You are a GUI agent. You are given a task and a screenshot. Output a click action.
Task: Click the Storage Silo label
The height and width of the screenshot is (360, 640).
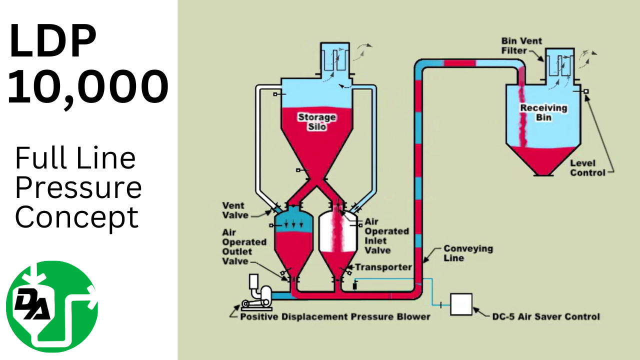(317, 122)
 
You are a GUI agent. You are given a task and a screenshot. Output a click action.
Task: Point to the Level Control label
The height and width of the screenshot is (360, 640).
(587, 167)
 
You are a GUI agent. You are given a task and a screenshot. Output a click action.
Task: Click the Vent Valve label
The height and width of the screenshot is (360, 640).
(233, 210)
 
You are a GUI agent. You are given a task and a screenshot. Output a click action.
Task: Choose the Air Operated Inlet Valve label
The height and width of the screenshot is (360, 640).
(386, 235)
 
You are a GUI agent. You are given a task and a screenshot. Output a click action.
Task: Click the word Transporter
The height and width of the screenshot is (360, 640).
(383, 267)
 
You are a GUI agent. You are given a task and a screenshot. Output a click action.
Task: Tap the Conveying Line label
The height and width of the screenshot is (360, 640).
(460, 253)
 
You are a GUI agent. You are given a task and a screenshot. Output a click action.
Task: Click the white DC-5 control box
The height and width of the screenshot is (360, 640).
(461, 304)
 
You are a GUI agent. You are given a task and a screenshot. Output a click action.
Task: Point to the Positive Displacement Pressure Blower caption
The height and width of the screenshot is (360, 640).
(335, 316)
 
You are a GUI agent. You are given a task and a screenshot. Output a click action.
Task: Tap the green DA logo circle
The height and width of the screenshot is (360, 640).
(52, 306)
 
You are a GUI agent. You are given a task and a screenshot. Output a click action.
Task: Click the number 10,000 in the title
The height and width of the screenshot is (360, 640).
(88, 87)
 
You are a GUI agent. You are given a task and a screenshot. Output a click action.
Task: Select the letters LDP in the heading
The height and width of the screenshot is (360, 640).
(53, 41)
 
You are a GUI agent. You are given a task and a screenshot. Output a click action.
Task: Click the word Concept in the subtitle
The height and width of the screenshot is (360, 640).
(76, 217)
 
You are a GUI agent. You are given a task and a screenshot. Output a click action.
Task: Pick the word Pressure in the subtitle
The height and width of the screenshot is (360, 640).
(78, 188)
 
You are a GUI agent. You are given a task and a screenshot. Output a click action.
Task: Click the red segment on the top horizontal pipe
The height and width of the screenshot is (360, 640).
(459, 62)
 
